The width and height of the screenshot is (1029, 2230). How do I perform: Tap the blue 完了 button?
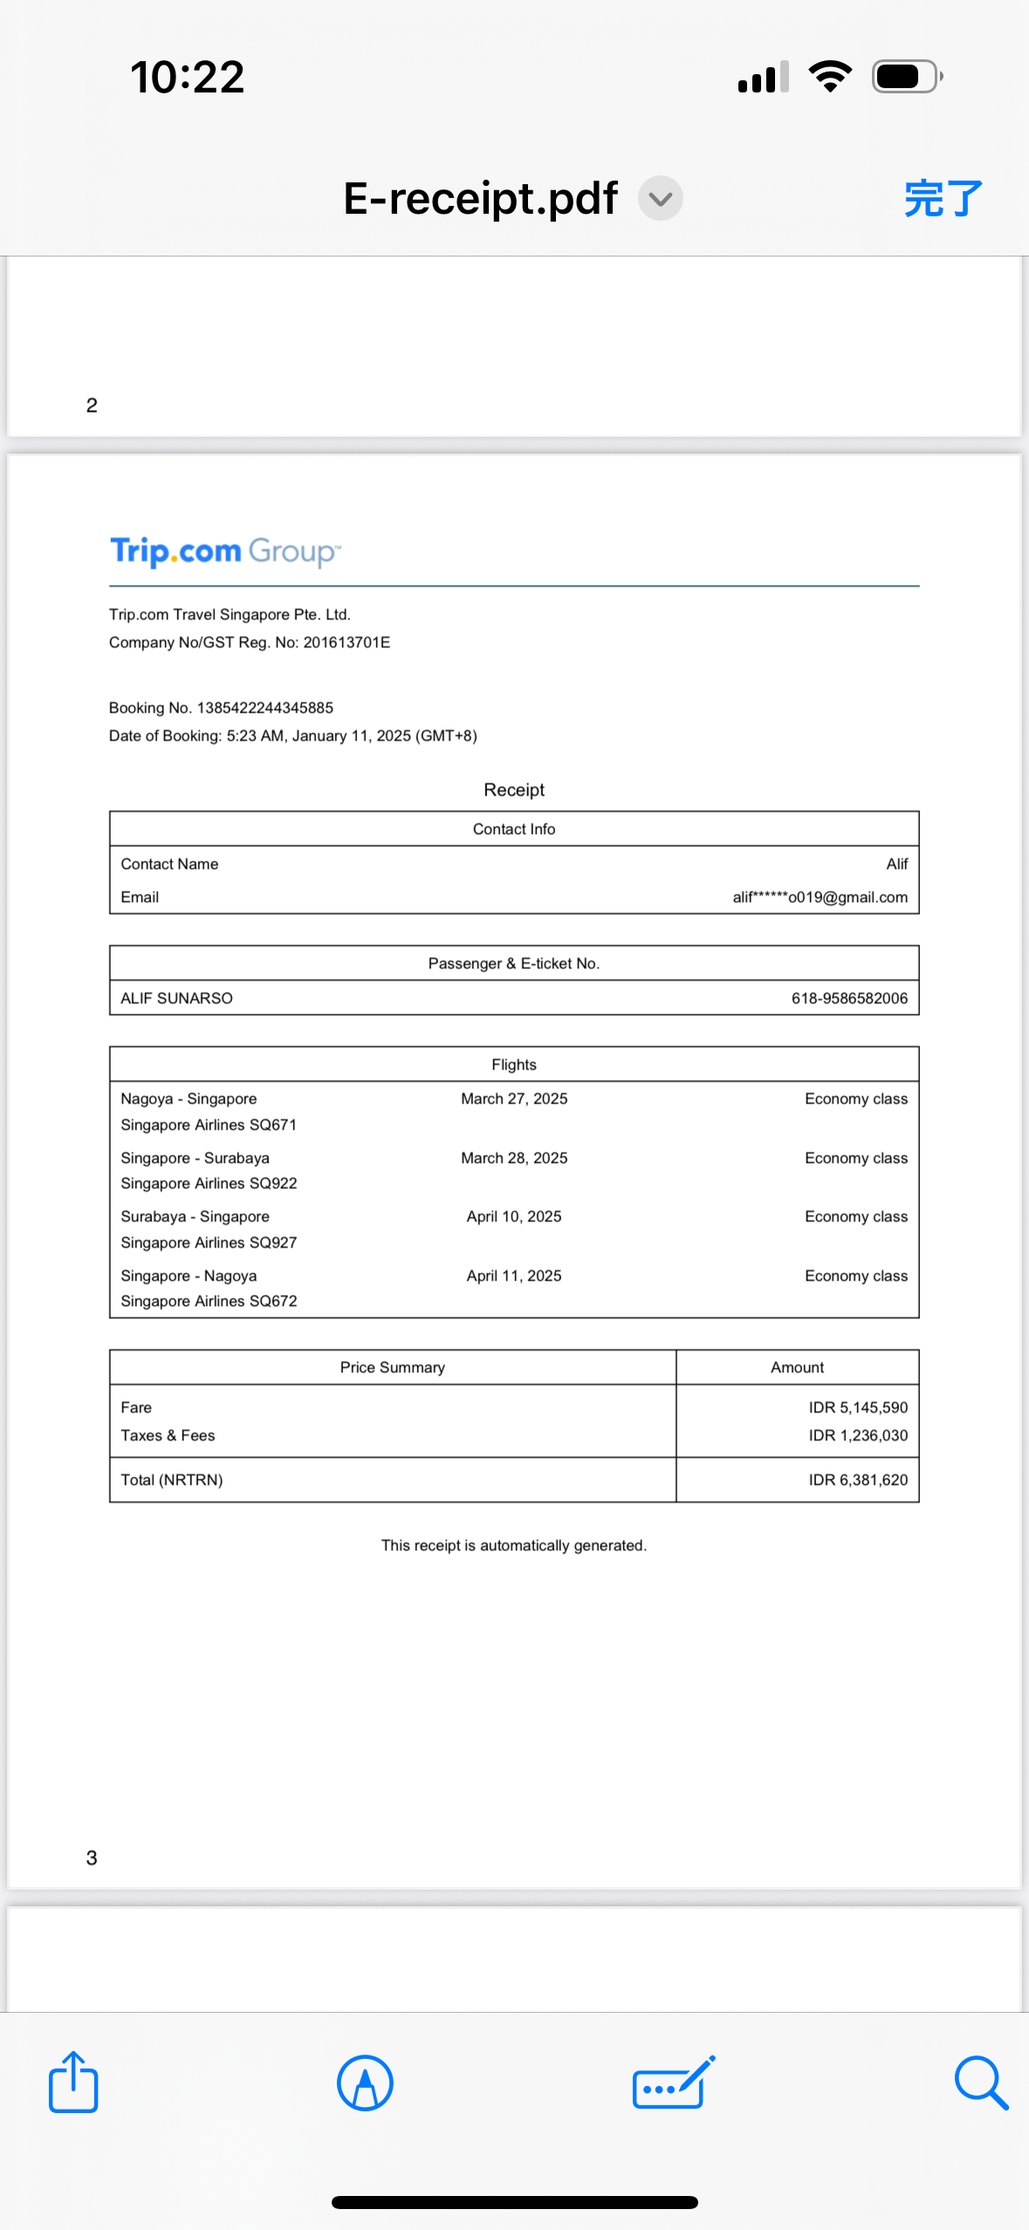pos(943,199)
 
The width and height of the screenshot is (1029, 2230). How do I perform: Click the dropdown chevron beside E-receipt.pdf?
pos(661,199)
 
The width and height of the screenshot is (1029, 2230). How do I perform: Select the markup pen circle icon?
pos(365,2083)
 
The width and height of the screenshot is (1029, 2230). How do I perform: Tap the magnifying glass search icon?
pos(981,2083)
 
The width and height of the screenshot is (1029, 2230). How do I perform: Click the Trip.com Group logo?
pos(225,551)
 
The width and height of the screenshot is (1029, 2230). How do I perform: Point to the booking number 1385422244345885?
pos(264,708)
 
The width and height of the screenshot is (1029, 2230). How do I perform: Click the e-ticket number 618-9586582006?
pos(848,998)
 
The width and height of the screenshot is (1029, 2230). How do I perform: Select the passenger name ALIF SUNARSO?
pos(176,998)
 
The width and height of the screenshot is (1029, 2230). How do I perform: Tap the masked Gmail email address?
pos(820,897)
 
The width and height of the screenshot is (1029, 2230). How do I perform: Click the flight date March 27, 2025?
pos(514,1098)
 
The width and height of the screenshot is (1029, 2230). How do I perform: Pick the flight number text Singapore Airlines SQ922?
pos(209,1183)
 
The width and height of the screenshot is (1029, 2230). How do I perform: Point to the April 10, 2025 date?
pos(514,1216)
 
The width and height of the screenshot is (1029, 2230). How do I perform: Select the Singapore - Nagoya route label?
pos(189,1276)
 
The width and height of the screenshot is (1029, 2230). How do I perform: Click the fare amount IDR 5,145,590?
pos(857,1407)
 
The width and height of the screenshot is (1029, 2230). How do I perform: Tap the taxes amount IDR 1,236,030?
pos(857,1435)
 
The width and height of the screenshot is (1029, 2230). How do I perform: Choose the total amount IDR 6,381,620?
pos(857,1480)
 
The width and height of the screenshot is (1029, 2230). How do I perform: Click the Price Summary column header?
pos(392,1367)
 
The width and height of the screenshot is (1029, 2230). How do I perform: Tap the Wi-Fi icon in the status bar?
pos(830,77)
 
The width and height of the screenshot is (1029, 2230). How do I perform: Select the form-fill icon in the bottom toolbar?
pos(673,2083)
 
